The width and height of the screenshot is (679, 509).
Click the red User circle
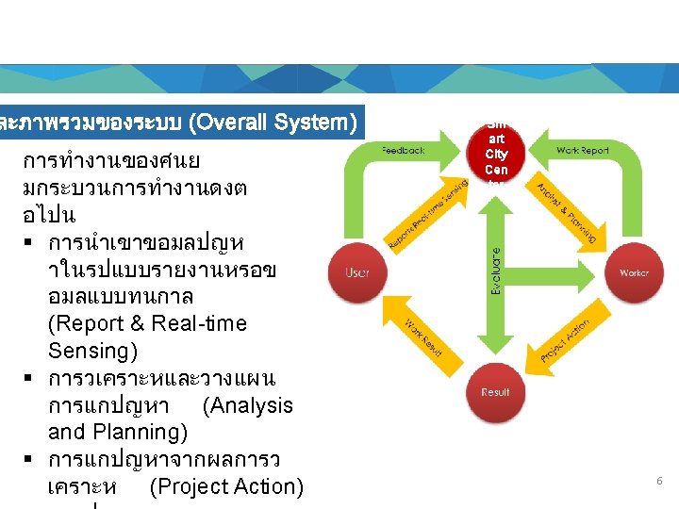coord(356,272)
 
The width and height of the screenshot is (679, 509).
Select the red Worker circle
coord(634,272)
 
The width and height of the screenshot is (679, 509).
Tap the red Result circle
coord(495,392)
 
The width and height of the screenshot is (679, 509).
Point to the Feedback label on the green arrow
coord(403,149)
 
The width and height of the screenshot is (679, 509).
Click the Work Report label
coord(583,149)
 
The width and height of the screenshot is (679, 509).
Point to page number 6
coord(659,481)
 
